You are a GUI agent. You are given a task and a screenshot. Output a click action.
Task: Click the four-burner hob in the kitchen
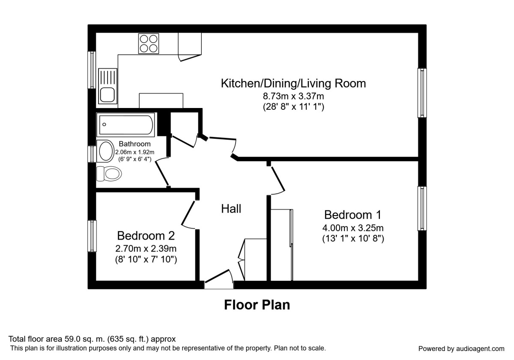click(x=149, y=43)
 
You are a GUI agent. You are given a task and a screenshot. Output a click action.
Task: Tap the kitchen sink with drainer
click(x=108, y=86)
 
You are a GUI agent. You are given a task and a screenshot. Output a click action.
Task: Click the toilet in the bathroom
click(x=110, y=174)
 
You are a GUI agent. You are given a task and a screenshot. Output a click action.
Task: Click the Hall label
click(x=231, y=209)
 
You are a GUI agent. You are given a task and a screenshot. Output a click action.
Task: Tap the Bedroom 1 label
click(x=353, y=214)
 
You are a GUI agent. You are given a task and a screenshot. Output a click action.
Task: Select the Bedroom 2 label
click(x=146, y=236)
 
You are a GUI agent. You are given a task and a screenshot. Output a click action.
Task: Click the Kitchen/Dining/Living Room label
click(x=293, y=83)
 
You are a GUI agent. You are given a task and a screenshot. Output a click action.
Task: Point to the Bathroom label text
click(x=134, y=144)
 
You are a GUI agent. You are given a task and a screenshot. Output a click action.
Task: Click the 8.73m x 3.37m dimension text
click(x=293, y=96)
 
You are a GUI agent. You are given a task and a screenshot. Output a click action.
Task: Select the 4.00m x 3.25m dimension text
click(x=353, y=228)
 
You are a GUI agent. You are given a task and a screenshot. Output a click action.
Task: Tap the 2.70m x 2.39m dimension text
click(x=146, y=248)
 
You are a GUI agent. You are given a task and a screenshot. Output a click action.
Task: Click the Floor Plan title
click(x=257, y=305)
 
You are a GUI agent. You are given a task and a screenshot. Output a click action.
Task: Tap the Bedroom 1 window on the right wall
click(x=422, y=209)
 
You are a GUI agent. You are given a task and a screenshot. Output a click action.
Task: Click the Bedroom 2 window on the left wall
click(x=92, y=236)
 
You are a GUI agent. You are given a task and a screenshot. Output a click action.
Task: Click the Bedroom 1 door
click(x=277, y=179)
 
